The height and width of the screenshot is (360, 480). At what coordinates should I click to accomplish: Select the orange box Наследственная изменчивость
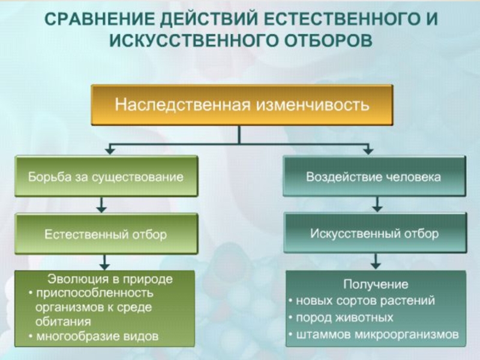(242, 105)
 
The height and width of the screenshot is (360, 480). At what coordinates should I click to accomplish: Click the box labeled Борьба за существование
(106, 177)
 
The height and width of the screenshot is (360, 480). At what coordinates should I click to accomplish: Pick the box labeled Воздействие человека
(374, 177)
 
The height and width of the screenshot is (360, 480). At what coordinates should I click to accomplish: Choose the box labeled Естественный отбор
(106, 234)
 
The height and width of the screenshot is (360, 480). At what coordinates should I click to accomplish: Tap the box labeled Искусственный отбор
(374, 233)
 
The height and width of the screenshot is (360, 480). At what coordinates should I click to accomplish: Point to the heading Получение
(376, 284)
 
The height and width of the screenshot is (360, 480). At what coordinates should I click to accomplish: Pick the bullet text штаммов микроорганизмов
(377, 334)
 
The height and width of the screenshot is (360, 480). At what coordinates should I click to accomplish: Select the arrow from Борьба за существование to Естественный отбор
(103, 205)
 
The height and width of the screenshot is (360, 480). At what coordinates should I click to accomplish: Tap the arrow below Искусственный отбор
(376, 261)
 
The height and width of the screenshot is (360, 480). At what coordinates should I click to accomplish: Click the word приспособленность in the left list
(94, 293)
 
